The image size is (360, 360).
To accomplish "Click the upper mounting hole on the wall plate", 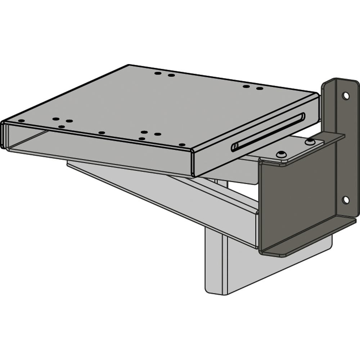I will [x=346, y=96].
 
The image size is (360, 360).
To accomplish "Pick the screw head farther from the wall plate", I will [x=281, y=154].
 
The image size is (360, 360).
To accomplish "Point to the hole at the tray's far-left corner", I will [x=21, y=121].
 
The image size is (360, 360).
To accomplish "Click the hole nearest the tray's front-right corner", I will [x=182, y=145].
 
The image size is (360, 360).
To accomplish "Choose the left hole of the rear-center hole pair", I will [x=158, y=73].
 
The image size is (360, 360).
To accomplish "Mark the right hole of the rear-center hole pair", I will [x=171, y=75].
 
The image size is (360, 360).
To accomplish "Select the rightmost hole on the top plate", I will [x=260, y=88].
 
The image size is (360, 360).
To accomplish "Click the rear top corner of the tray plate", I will [x=129, y=66].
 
